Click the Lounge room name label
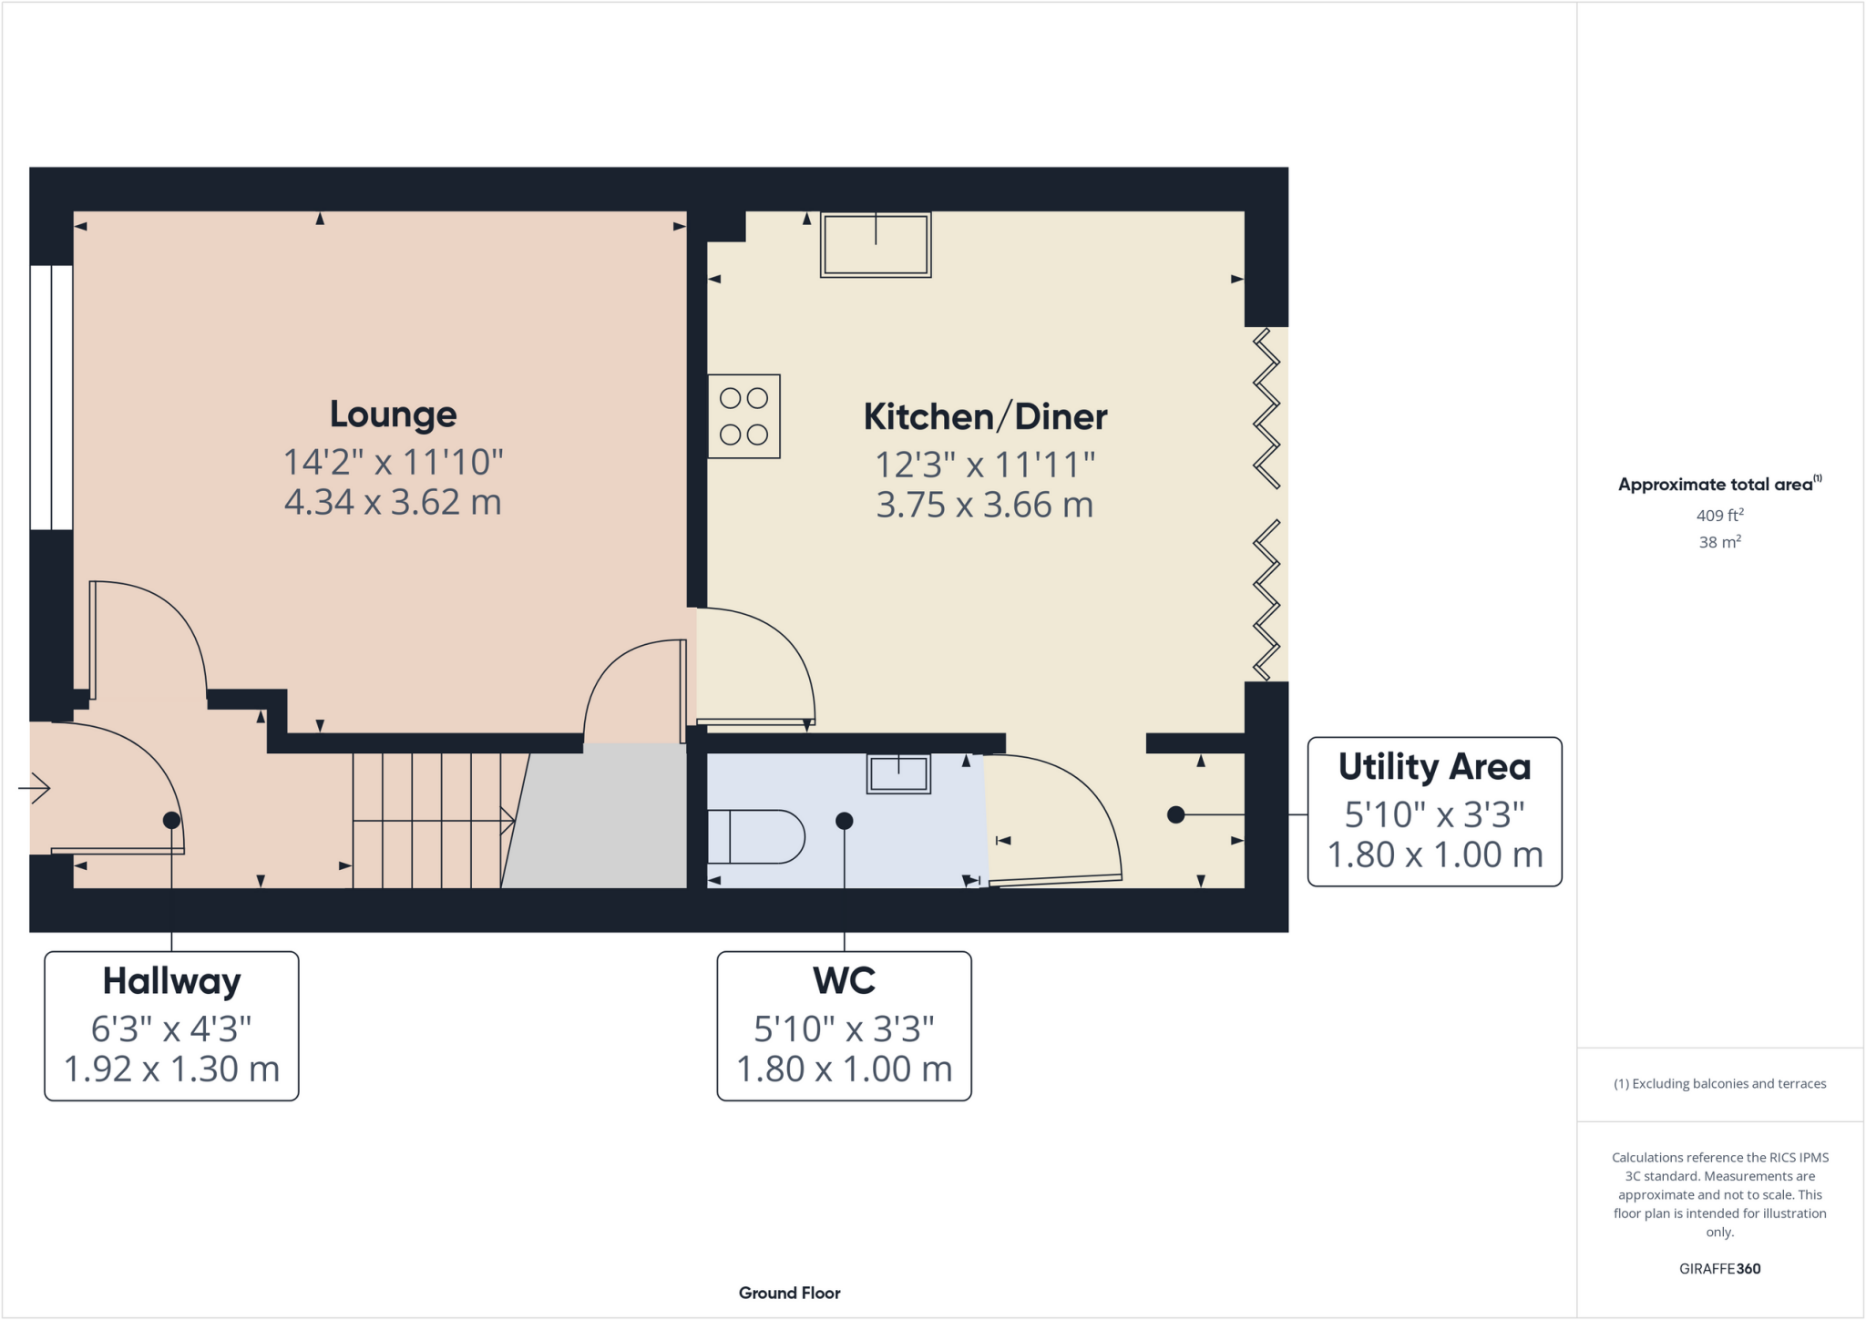pyautogui.click(x=393, y=414)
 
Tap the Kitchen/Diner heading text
pyautogui.click(x=985, y=417)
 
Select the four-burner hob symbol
pyautogui.click(x=743, y=416)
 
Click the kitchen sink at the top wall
pyautogui.click(x=876, y=244)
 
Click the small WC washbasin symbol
pyautogui.click(x=898, y=774)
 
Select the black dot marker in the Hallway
pyautogui.click(x=171, y=821)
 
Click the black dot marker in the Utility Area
pyautogui.click(x=1176, y=814)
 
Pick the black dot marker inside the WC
pyautogui.click(x=845, y=821)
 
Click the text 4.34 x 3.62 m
pyautogui.click(x=393, y=503)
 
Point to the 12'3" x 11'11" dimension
pyautogui.click(x=985, y=466)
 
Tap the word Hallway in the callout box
pyautogui.click(x=171, y=982)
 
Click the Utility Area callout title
pyautogui.click(x=1434, y=767)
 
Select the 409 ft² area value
pyautogui.click(x=1719, y=516)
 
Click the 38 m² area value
pyautogui.click(x=1719, y=542)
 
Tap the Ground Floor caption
pyautogui.click(x=789, y=1293)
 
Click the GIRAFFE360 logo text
pyautogui.click(x=1719, y=1268)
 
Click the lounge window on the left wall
pyautogui.click(x=51, y=397)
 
